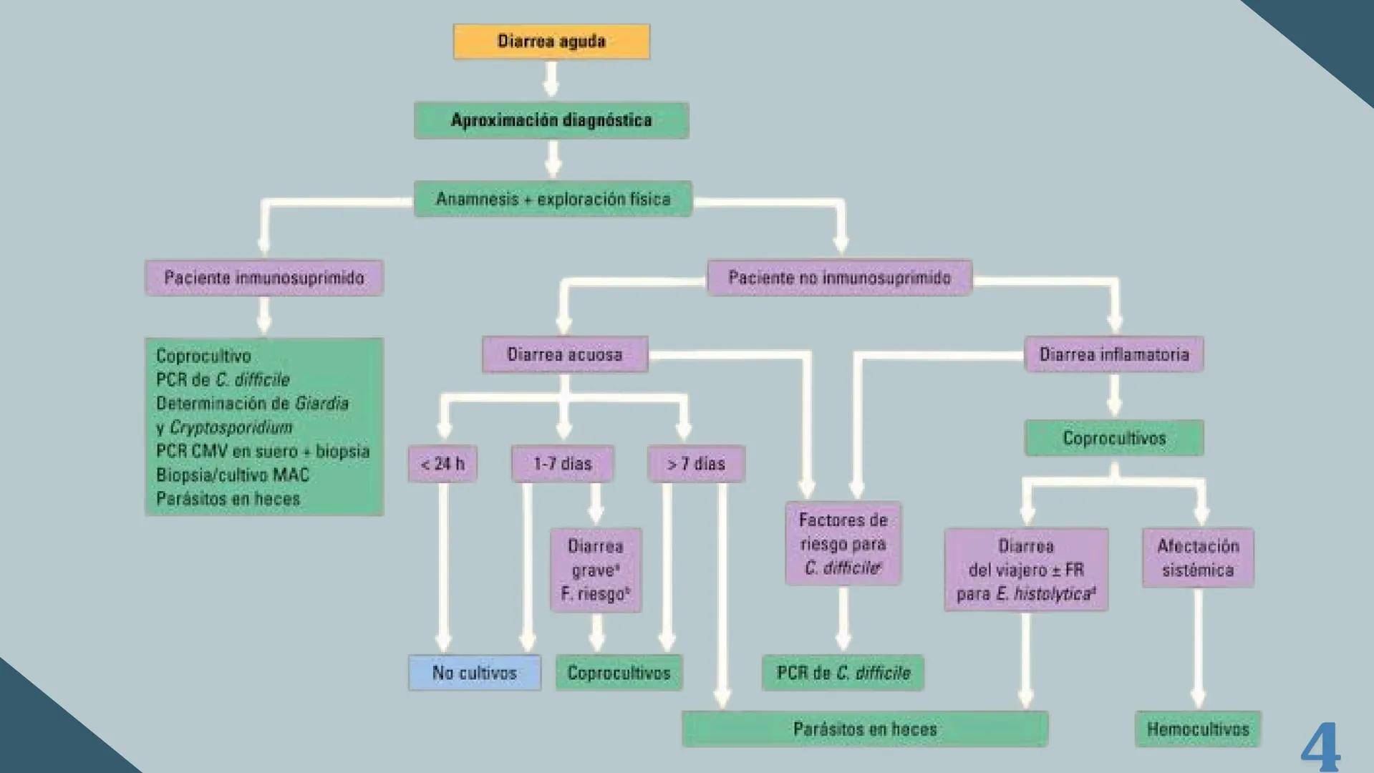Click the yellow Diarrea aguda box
[x=551, y=42]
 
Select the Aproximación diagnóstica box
[x=551, y=120]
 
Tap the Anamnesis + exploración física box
[x=553, y=199]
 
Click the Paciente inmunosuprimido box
[x=264, y=278]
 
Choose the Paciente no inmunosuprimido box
[x=839, y=278]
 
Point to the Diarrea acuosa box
[x=565, y=354]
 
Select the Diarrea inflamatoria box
[x=1114, y=354]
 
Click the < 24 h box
[x=442, y=464]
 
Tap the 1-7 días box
[x=563, y=464]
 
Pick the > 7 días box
[x=696, y=464]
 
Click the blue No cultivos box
[x=475, y=673]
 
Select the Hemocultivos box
[x=1198, y=729]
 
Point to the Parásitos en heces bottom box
[x=865, y=729]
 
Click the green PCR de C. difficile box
[x=843, y=673]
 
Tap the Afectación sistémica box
[x=1198, y=558]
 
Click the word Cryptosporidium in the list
[x=231, y=427]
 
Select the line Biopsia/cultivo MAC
[x=233, y=475]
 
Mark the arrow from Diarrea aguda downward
[x=551, y=79]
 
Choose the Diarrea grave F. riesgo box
[x=596, y=570]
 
